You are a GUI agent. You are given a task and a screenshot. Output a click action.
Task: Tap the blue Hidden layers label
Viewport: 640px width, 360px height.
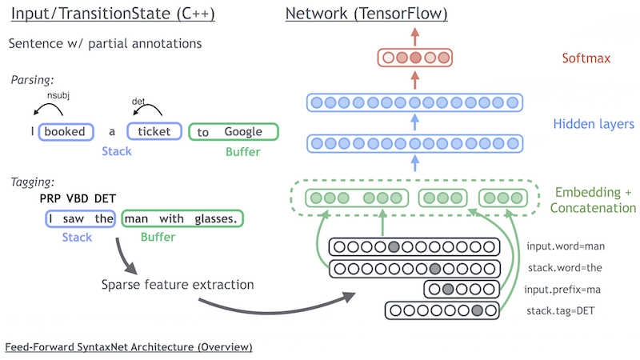coord(593,124)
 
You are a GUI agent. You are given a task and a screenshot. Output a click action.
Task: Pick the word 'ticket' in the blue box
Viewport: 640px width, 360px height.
coord(154,131)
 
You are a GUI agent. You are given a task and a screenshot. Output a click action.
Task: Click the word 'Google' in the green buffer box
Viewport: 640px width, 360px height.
coord(243,131)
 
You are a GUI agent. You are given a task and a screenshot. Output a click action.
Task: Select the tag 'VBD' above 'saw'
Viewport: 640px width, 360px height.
coord(78,198)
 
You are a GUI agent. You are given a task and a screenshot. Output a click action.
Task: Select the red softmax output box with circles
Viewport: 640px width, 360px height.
coord(414,58)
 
